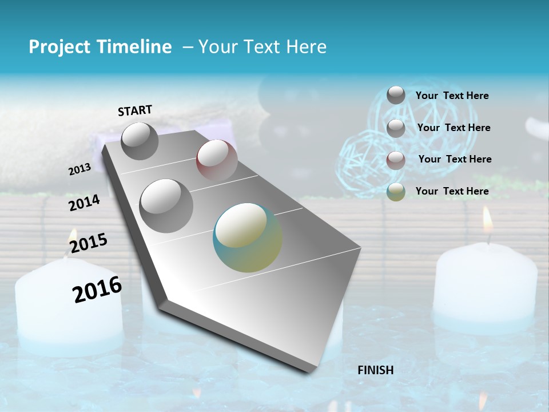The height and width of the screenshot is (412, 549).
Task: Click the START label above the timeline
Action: pyautogui.click(x=135, y=110)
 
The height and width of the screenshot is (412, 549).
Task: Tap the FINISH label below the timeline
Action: pyautogui.click(x=376, y=370)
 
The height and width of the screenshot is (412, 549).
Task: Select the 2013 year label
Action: pyautogui.click(x=79, y=169)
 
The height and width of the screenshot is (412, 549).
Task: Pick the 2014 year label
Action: pyautogui.click(x=84, y=203)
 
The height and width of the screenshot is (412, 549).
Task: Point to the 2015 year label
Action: pyautogui.click(x=89, y=243)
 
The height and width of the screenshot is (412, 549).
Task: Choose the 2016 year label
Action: pyautogui.click(x=97, y=289)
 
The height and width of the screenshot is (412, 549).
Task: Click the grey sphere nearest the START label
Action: pyautogui.click(x=140, y=141)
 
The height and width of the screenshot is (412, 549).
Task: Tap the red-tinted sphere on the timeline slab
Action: pyautogui.click(x=217, y=160)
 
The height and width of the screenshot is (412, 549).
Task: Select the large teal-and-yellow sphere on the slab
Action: pyautogui.click(x=248, y=237)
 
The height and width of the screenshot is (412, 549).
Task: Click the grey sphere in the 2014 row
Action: pyautogui.click(x=166, y=205)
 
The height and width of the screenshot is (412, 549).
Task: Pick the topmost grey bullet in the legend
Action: pyautogui.click(x=396, y=95)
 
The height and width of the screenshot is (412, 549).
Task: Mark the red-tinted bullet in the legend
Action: pyautogui.click(x=396, y=160)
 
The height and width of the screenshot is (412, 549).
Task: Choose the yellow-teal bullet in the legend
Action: pyautogui.click(x=396, y=192)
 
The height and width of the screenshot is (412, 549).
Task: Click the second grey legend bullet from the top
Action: pyautogui.click(x=396, y=128)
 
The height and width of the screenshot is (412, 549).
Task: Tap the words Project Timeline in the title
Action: pyautogui.click(x=100, y=47)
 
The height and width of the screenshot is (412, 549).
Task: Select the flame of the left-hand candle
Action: pyautogui.click(x=73, y=236)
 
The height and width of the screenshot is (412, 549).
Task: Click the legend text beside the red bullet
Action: pyautogui.click(x=455, y=159)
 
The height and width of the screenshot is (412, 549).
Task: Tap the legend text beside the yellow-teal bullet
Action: pyautogui.click(x=452, y=191)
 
